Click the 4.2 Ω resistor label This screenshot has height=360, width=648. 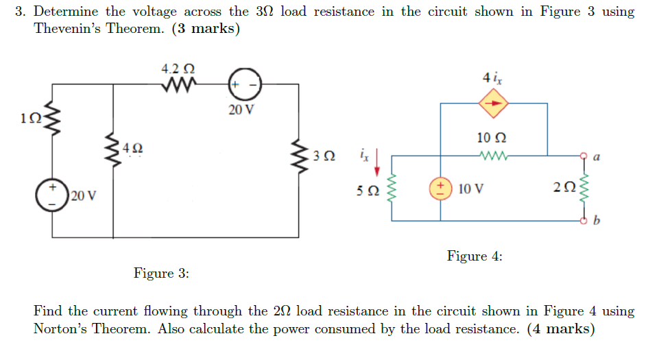pyautogui.click(x=178, y=69)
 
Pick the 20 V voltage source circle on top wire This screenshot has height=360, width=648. pyautogui.click(x=243, y=84)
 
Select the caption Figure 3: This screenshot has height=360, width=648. pyautogui.click(x=161, y=274)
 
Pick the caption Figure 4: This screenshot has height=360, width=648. pyautogui.click(x=475, y=256)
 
